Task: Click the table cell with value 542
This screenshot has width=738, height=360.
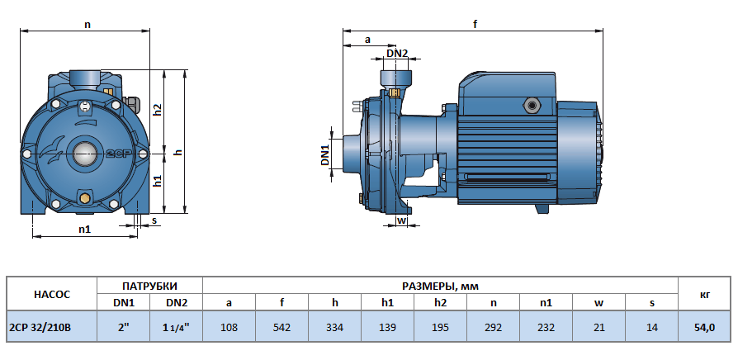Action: [x=281, y=327]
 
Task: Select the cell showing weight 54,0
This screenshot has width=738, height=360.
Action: [x=704, y=327]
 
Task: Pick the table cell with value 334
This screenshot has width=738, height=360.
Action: [x=334, y=327]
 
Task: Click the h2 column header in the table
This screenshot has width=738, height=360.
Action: [x=440, y=302]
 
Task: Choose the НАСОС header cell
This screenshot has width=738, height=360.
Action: [x=51, y=294]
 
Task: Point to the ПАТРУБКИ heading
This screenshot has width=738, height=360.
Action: [x=149, y=286]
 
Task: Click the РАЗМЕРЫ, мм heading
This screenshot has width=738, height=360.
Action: [x=439, y=286]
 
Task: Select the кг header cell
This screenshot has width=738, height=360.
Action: [x=704, y=294]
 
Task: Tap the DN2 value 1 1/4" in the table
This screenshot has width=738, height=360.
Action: [x=176, y=327]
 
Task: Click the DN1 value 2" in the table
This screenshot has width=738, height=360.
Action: [x=123, y=327]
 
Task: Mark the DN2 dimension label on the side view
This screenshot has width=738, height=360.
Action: [x=397, y=54]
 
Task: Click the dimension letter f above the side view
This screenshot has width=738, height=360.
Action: [x=475, y=24]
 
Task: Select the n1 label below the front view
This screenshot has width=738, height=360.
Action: [x=84, y=229]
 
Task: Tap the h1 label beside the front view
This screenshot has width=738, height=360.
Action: [x=158, y=181]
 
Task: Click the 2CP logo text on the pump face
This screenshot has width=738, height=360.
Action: [x=116, y=154]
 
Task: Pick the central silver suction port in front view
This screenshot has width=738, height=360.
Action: [x=84, y=153]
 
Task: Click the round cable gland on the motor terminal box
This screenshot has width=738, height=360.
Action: [x=530, y=106]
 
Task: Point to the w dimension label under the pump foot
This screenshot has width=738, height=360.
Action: [x=401, y=220]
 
